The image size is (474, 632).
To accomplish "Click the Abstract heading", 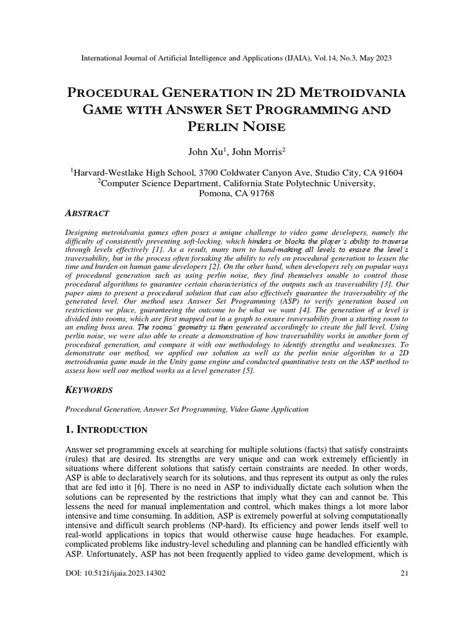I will click(x=87, y=213).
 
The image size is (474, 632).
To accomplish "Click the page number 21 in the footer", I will click(x=405, y=573).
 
